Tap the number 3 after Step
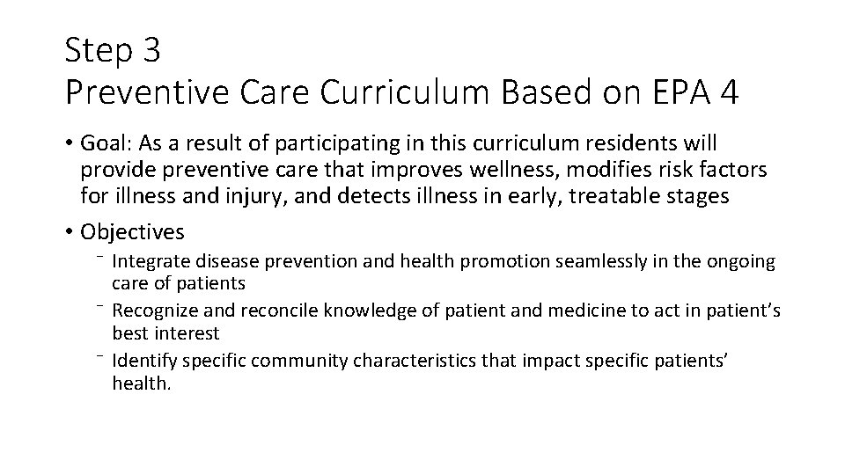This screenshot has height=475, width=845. pos(151,51)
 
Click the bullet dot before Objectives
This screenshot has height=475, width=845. pos(70,232)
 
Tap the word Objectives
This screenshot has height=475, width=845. pos(132,232)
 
